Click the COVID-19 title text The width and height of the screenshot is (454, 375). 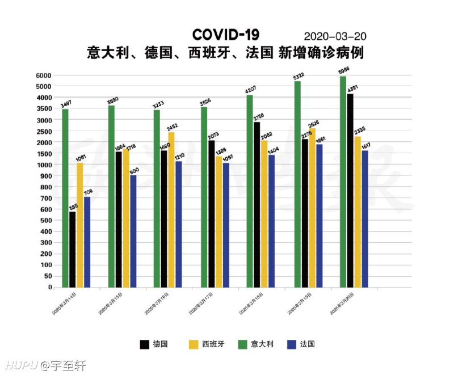click(225, 35)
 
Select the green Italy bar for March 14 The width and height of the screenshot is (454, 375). click(65, 198)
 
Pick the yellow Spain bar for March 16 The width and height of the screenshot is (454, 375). click(171, 210)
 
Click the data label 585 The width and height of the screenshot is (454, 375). click(73, 207)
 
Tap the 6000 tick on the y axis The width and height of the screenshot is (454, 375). click(44, 75)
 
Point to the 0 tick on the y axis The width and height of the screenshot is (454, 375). click(49, 288)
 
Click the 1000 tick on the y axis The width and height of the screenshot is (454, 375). click(44, 165)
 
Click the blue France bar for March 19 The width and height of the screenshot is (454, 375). click(320, 216)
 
